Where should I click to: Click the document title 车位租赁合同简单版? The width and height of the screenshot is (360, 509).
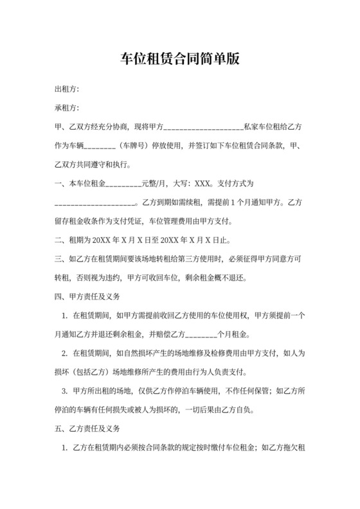(x=180, y=59)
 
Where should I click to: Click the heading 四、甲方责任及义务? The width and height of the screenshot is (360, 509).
(x=87, y=298)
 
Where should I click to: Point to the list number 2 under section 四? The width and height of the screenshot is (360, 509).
(x=64, y=354)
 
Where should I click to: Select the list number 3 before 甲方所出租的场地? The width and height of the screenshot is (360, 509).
(x=64, y=391)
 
